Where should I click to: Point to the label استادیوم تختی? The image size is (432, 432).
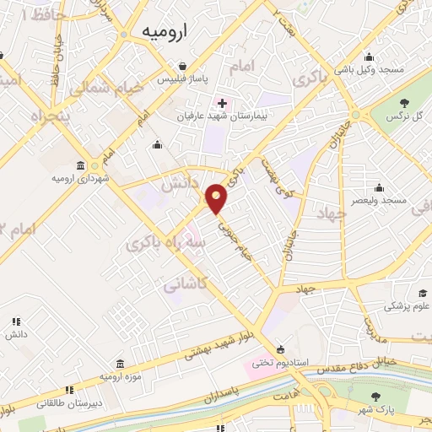pos(275,364)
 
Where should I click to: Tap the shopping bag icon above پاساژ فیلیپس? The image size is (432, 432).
pos(181,65)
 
